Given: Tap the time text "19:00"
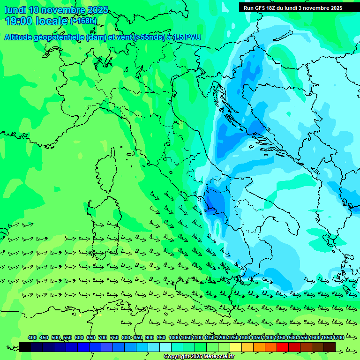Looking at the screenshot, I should [19, 21].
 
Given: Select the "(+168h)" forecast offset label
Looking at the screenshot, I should [83, 21].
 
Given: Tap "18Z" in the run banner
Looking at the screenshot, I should [271, 8].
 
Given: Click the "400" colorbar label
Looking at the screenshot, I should [32, 337].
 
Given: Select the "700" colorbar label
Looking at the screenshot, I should [103, 337].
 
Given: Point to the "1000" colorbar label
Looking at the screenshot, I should [174, 337].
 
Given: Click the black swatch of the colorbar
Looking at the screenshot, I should [25, 347].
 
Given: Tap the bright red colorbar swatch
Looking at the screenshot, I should [283, 347].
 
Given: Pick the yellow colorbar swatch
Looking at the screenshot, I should [236, 347].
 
